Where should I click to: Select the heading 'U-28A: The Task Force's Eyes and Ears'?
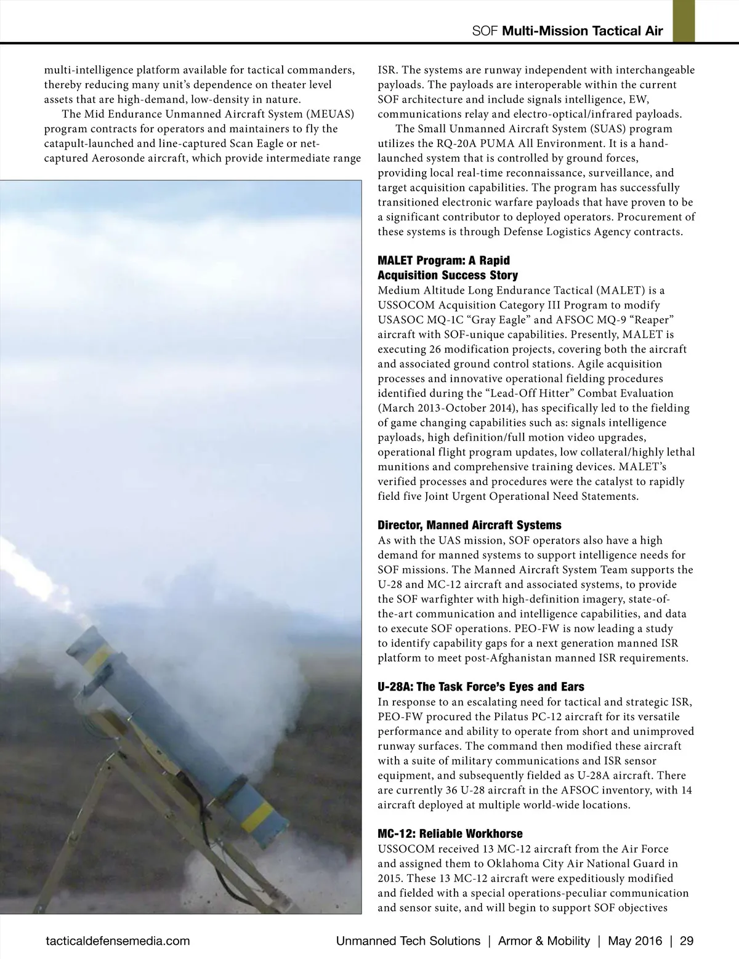tap(480, 686)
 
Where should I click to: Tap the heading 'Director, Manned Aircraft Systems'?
tap(469, 525)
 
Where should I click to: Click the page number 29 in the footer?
tap(687, 941)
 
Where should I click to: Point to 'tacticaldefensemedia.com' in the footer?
tap(118, 941)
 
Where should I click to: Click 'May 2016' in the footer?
tap(635, 941)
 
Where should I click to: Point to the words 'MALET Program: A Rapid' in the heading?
tap(443, 260)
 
